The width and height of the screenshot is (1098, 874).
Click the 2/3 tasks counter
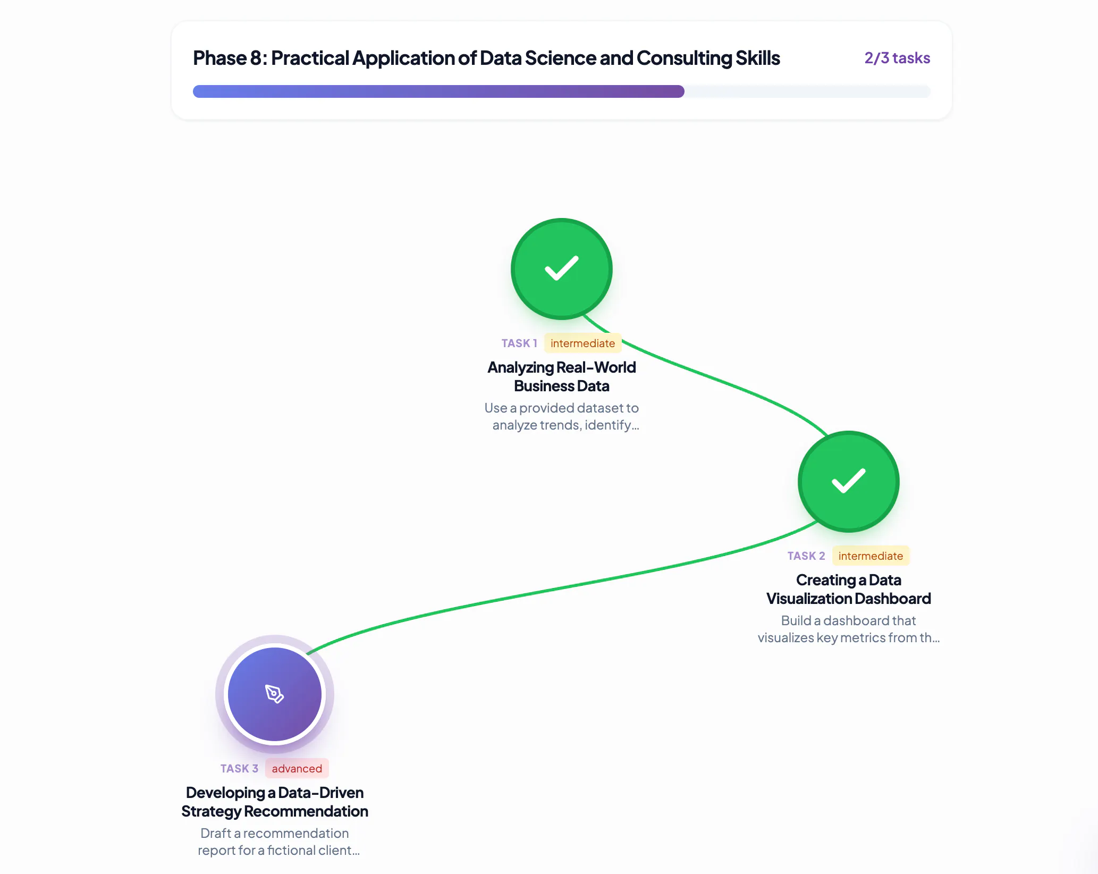(x=897, y=58)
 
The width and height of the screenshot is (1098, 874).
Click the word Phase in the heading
(x=219, y=58)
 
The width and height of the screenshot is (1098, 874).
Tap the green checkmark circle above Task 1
(x=562, y=269)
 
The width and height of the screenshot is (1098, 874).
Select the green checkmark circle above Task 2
(x=849, y=482)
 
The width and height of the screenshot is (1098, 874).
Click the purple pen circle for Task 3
(x=275, y=694)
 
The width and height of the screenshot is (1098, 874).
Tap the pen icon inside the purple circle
(x=275, y=694)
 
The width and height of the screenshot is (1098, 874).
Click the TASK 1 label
(x=519, y=343)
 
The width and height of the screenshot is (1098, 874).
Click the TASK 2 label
(x=806, y=556)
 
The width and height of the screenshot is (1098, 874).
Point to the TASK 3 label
(x=239, y=769)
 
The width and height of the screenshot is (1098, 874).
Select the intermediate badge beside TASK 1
(x=583, y=343)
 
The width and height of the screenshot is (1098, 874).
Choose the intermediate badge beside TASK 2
(x=871, y=556)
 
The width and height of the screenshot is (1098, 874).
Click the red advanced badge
(x=297, y=769)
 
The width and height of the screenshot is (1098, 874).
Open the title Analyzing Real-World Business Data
(x=562, y=376)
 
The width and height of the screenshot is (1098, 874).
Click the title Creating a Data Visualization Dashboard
(x=849, y=589)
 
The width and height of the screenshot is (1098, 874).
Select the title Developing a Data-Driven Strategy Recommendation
(x=275, y=802)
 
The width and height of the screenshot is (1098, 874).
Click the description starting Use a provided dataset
(x=562, y=416)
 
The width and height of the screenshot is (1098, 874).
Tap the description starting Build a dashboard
(x=849, y=629)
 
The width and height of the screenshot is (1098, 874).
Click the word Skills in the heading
(x=758, y=58)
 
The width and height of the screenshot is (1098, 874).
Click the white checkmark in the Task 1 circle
(x=562, y=268)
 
